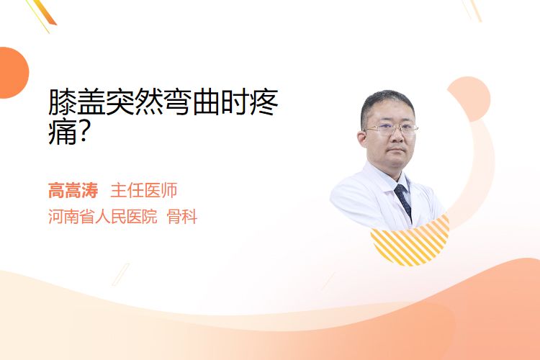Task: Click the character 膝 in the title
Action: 63,102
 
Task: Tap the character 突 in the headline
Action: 120,102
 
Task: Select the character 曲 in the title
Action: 207,102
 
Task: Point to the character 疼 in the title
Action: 264,102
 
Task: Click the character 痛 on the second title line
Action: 63,131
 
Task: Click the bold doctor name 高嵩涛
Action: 73,190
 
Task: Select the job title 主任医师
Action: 144,190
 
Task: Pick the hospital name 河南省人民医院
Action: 103,217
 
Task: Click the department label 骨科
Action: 182,217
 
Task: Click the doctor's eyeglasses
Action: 391,130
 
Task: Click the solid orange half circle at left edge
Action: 13,73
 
